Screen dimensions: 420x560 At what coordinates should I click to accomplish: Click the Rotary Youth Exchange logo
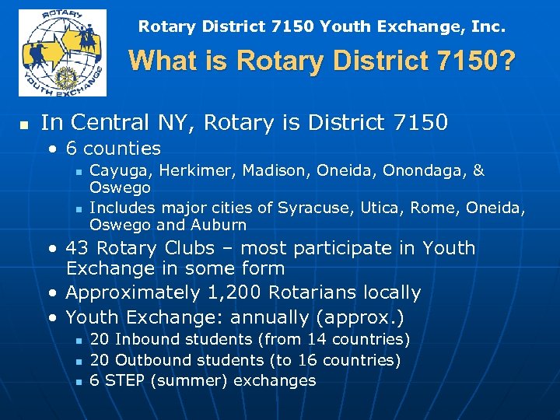pyautogui.click(x=63, y=53)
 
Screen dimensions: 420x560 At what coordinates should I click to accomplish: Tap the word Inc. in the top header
pyautogui.click(x=488, y=27)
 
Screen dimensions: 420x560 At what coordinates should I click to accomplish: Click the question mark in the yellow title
pyautogui.click(x=506, y=61)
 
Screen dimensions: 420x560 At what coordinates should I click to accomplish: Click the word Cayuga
pyautogui.click(x=115, y=170)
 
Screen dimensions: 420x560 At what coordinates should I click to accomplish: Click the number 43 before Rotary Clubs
pyautogui.click(x=77, y=249)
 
